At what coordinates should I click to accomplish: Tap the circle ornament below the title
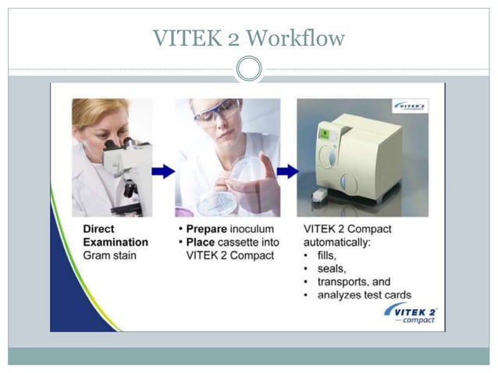(x=249, y=69)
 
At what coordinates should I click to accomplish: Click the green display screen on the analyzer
(x=322, y=135)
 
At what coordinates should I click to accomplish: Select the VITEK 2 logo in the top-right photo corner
(x=410, y=106)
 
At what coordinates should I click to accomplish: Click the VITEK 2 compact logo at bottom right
(x=411, y=314)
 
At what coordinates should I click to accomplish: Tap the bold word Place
(x=202, y=243)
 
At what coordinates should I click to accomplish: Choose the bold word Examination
(x=115, y=243)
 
